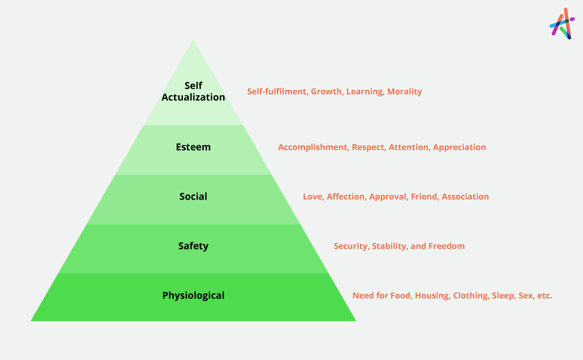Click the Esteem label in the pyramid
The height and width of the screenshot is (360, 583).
coord(193,147)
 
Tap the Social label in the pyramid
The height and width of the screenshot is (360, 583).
coord(193,196)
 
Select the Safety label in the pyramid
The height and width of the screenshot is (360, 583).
coord(193,246)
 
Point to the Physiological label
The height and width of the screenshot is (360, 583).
coord(193,296)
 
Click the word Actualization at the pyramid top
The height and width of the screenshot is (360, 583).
coord(193,97)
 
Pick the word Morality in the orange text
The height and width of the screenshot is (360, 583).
coord(404,92)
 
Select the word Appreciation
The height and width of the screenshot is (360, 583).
coord(459,147)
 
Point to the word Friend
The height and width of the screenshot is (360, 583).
coord(425,196)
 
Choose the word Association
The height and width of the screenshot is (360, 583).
coord(465,196)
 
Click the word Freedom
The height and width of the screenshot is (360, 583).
coord(446,246)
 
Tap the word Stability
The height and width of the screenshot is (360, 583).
coord(389,246)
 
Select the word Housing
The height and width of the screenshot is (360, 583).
coord(432,296)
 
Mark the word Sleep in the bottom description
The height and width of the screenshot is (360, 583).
coord(504,296)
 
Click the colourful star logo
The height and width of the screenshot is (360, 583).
coord(562,23)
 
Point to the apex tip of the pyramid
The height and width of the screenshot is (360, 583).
coord(193,40)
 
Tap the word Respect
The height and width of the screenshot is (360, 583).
coord(369,147)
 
